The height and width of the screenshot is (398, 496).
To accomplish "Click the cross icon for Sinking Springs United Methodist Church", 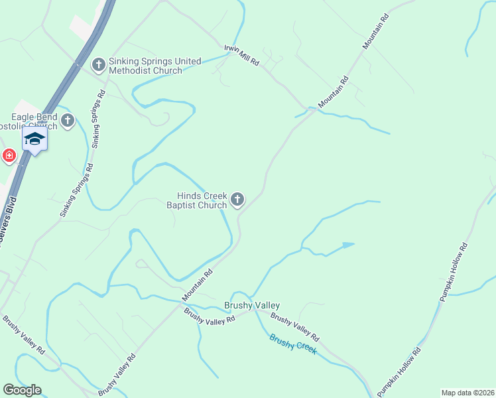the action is coord(99,65).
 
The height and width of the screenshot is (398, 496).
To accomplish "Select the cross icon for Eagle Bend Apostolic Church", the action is coord(68,121).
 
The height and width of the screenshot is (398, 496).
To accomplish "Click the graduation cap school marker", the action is coord(34,139).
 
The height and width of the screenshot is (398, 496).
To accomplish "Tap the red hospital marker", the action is coord(9,156).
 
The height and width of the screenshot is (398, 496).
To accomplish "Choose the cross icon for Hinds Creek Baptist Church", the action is coord(237,199).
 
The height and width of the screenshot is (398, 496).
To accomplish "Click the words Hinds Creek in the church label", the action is coord(202,196).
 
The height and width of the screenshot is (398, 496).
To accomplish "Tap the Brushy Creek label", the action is coord(292,344).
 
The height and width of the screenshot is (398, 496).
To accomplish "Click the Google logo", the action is coord(22,390).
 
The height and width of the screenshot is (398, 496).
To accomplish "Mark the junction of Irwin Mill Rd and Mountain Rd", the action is coord(307,108).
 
